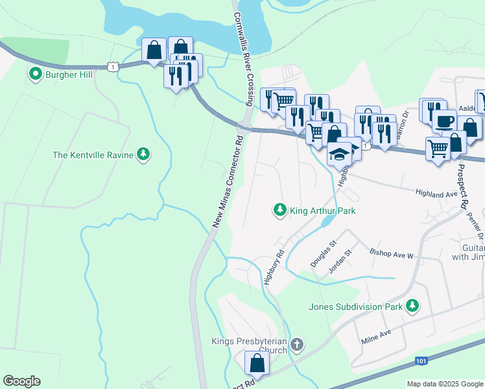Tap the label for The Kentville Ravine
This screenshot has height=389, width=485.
point(93,155)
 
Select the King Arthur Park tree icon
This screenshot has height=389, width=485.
point(279,210)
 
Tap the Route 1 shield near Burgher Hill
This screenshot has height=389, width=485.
point(114,66)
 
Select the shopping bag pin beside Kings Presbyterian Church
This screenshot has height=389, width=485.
point(257,362)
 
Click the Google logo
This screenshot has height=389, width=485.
point(21,381)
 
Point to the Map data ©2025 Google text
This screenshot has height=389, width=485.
point(445,384)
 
